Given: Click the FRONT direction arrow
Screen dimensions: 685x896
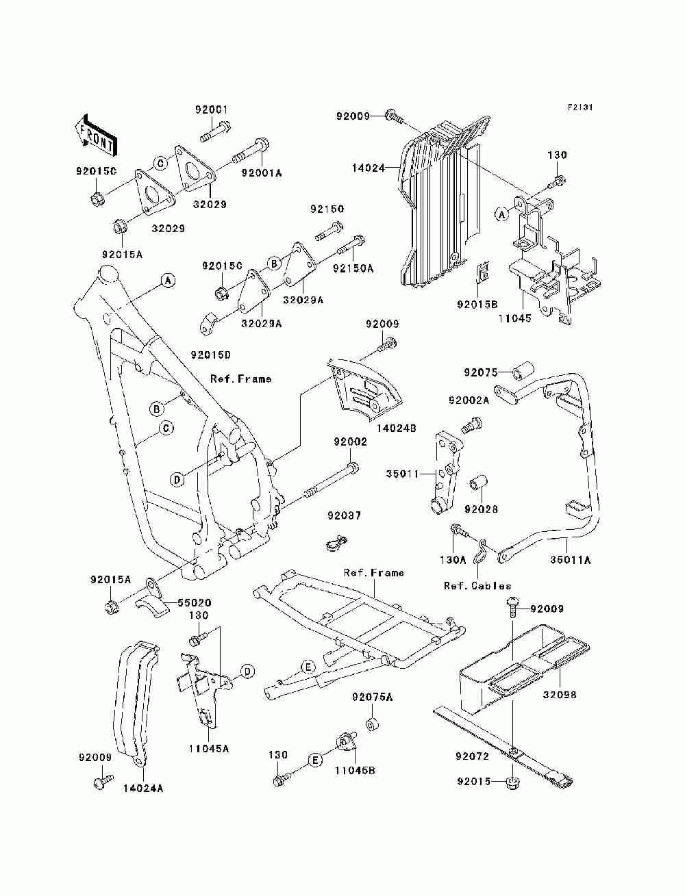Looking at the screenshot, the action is pyautogui.click(x=96, y=135).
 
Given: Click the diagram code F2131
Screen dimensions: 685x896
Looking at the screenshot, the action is pyautogui.click(x=580, y=107).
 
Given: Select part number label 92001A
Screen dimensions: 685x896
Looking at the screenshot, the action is pyautogui.click(x=262, y=172).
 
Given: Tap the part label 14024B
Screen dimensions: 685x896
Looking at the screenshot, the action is pyautogui.click(x=396, y=428).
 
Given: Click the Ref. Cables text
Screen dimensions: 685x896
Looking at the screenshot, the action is pyautogui.click(x=477, y=586).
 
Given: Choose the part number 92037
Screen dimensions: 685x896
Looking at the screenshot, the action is pyautogui.click(x=344, y=516).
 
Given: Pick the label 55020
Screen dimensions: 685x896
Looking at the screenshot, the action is pyautogui.click(x=194, y=602).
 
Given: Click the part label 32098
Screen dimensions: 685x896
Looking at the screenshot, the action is pyautogui.click(x=559, y=695).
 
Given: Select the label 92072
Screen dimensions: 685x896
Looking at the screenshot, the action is pyautogui.click(x=472, y=756).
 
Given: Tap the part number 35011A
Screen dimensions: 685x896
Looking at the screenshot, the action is pyautogui.click(x=570, y=560).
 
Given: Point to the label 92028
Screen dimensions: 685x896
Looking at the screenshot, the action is pyautogui.click(x=481, y=509).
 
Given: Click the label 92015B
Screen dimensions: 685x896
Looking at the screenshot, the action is pyautogui.click(x=477, y=305).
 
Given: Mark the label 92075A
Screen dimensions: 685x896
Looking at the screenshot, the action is pyautogui.click(x=372, y=697).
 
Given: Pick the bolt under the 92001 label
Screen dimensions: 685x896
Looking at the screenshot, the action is pyautogui.click(x=215, y=131).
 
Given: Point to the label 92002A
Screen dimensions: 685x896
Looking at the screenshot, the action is pyautogui.click(x=469, y=400).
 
